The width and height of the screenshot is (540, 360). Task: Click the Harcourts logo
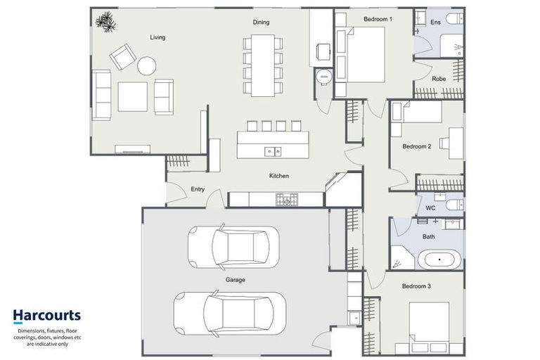46,316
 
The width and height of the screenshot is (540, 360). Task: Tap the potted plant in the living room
106,22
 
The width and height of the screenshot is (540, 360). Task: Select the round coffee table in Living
147,66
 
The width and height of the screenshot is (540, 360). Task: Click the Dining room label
261,22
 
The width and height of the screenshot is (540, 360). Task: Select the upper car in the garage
233,247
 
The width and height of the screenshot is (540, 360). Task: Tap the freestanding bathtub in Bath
440,259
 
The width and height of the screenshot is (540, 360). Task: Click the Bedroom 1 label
378,18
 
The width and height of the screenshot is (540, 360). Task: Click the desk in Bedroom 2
456,139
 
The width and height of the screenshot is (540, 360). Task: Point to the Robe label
439,79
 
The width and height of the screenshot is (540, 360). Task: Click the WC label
431,208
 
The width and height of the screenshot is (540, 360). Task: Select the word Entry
198,189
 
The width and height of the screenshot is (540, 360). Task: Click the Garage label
235,280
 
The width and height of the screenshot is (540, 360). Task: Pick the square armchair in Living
121,56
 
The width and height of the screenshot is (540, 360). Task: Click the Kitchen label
279,176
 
